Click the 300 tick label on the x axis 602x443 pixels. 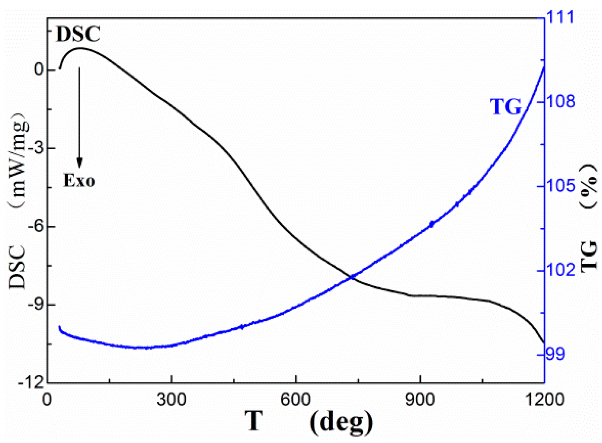[171, 400]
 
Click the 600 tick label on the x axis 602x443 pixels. [296, 400]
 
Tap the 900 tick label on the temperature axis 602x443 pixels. [420, 400]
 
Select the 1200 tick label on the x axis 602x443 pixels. [544, 400]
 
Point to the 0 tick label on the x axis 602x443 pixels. [47, 400]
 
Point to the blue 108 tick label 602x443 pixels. [561, 102]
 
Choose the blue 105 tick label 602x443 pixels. [561, 186]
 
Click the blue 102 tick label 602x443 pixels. [561, 270]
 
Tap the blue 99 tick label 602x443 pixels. [555, 354]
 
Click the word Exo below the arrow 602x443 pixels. [79, 181]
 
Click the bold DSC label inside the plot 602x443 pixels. [78, 35]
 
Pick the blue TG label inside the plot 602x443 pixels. [506, 107]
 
